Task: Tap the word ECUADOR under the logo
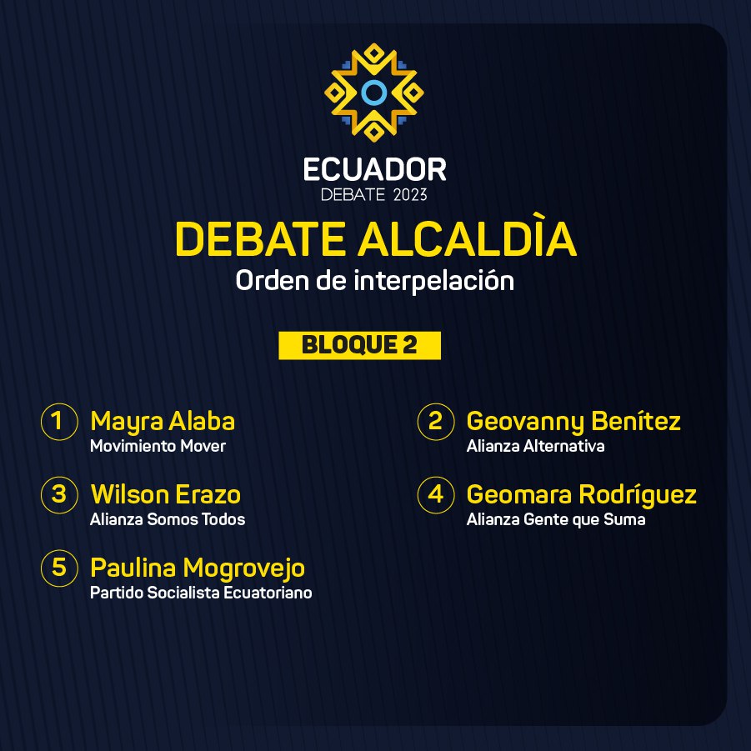click(374, 170)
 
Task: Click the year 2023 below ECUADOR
click(410, 195)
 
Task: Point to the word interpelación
click(434, 280)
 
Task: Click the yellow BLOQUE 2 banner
click(360, 345)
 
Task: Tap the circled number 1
click(59, 422)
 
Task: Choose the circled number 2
click(435, 422)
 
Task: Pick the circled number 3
click(59, 495)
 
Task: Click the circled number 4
click(435, 495)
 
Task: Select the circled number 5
click(59, 568)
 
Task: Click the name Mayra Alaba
click(163, 422)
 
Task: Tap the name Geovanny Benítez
click(573, 422)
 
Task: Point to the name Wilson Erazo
click(166, 495)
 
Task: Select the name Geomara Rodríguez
click(582, 496)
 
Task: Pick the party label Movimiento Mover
click(158, 446)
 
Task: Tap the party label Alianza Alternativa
click(535, 446)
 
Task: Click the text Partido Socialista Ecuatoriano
click(201, 593)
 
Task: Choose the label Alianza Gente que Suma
click(556, 519)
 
